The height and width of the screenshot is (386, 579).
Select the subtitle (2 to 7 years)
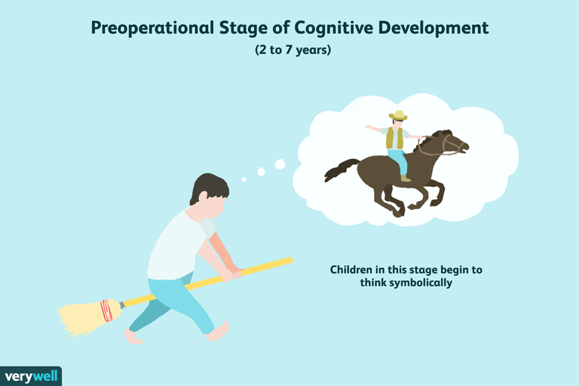pos(289,52)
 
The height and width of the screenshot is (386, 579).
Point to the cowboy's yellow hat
pos(397,116)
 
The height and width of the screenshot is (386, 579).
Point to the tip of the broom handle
pos(289,260)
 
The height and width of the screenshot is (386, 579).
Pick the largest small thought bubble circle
pos(280,164)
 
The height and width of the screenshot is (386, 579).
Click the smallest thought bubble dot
pos(244,179)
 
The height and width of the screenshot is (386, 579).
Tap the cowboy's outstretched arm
pos(375,129)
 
